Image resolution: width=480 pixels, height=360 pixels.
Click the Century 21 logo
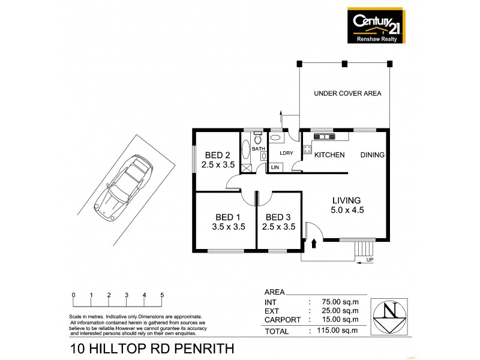(375, 25)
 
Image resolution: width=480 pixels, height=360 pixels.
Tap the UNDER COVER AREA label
(347, 94)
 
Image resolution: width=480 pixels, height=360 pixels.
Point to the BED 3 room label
(280, 222)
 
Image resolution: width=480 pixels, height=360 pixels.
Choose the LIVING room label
(347, 205)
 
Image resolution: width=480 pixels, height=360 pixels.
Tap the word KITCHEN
(330, 155)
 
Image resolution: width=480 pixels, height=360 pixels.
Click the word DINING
(372, 155)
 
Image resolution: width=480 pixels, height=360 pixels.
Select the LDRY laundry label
(286, 153)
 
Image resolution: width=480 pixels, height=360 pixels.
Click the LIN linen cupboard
(275, 167)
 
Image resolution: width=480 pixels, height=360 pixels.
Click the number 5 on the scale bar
(162, 295)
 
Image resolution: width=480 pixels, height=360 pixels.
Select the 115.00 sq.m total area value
(338, 331)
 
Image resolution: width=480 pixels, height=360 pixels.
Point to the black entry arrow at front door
(314, 244)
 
